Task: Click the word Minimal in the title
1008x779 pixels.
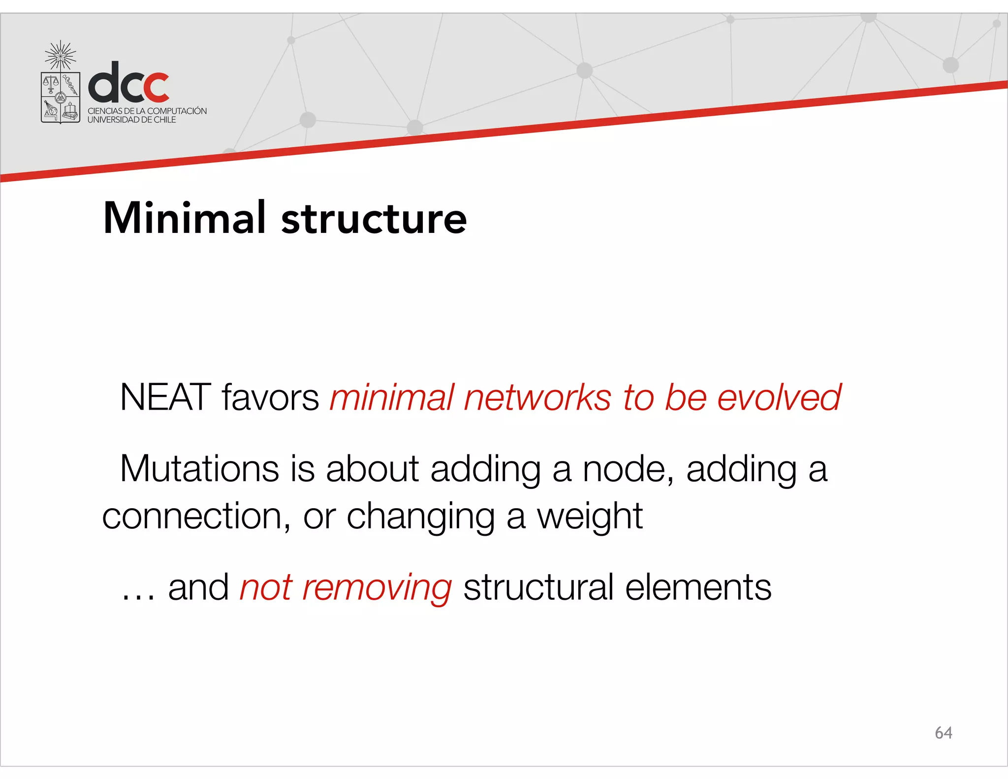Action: [185, 218]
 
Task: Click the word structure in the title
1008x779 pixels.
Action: [374, 219]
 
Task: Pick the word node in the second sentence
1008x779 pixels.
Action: [628, 469]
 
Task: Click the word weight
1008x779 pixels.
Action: [590, 518]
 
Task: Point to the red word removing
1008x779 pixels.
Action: [377, 588]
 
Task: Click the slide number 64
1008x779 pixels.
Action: [943, 733]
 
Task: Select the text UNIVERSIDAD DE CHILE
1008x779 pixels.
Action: [131, 120]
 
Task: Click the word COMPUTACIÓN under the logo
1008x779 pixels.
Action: [177, 111]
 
